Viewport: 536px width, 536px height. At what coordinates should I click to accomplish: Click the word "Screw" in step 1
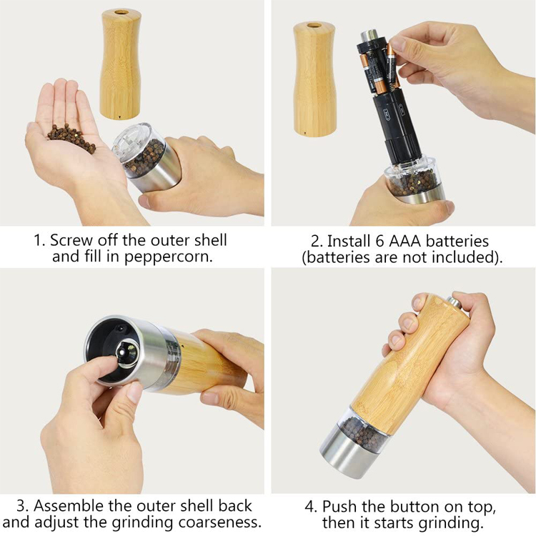71,240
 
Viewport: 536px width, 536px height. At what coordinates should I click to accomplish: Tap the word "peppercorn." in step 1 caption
168,257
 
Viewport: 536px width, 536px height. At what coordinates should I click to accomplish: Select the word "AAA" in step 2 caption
405,242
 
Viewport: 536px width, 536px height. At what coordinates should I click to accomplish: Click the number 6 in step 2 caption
379,242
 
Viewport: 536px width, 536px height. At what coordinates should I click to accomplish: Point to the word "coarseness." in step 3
220,522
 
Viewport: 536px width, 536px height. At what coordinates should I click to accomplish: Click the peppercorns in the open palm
71,138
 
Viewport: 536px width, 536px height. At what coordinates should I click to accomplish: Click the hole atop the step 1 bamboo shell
121,12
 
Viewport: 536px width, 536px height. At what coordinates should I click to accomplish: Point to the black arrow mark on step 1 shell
119,117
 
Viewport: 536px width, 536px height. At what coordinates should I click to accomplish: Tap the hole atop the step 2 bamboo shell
314,25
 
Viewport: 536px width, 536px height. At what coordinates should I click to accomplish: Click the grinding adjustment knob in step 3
125,354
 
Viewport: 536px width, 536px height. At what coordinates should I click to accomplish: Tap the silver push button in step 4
455,302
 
